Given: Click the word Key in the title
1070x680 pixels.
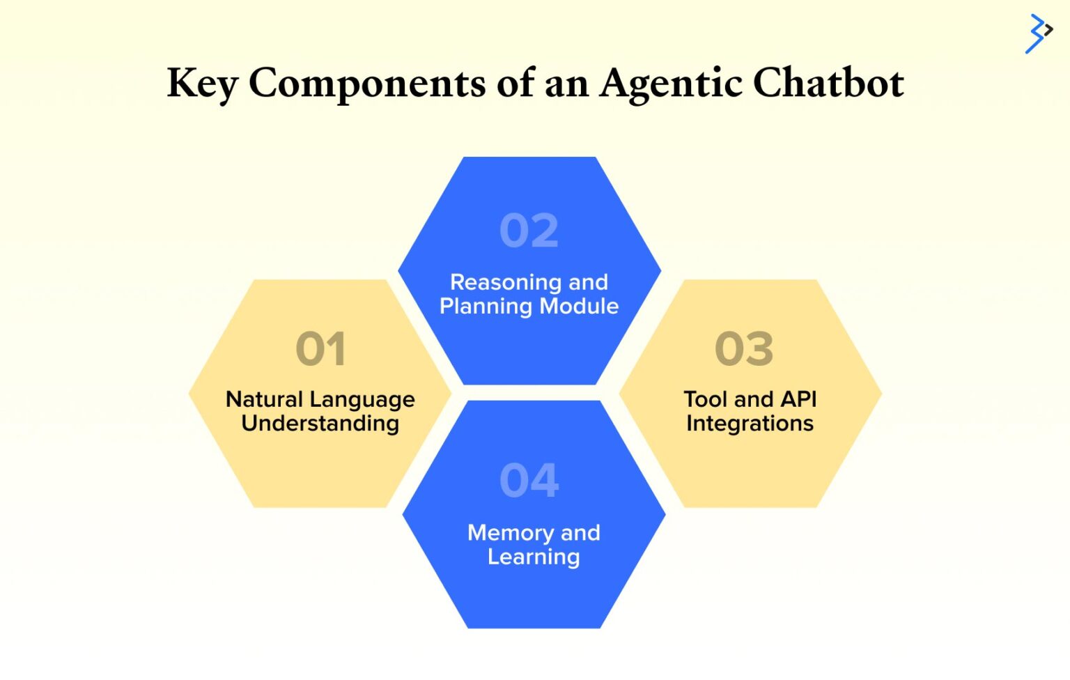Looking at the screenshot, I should coord(203,84).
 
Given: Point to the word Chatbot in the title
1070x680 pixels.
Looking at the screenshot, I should coord(828,84).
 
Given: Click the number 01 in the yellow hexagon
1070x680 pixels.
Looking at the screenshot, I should coord(320,348).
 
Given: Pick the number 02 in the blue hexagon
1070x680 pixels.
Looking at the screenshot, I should coord(529,231).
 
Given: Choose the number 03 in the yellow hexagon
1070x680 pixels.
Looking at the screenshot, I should coord(744,348).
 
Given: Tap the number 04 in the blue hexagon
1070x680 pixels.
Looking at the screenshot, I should coord(529,480).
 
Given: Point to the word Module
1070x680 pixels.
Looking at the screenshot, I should coord(579,306).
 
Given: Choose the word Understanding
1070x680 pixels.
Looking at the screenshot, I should coord(320,424).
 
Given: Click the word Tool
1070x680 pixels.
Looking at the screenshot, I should coord(705,399).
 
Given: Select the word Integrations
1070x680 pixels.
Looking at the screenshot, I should coord(750,424).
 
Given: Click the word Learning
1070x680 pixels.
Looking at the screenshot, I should coord(534,557).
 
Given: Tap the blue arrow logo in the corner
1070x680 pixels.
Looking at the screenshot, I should coord(1038,33).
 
